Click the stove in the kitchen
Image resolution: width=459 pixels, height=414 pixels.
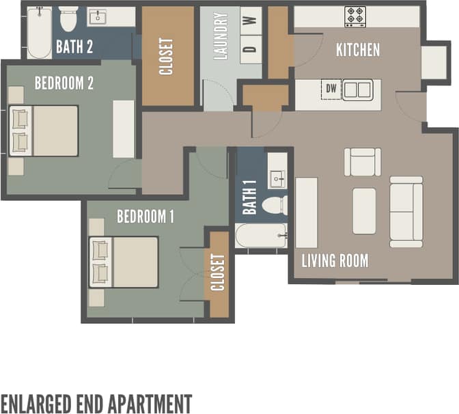pos(355,16)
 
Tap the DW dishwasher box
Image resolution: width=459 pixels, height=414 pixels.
pos(331,89)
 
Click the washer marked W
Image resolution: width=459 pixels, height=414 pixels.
pos(251,20)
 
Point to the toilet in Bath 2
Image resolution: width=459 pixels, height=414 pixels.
pos(68,18)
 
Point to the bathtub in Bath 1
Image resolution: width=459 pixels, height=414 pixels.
pos(262,236)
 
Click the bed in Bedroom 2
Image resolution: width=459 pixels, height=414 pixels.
pos(44,130)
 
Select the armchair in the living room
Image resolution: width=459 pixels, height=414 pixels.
pos(362,162)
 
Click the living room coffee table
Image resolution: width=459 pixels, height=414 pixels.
pos(364,211)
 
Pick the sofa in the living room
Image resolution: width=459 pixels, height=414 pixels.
pos(406,212)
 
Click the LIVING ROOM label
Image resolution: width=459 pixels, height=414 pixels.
pos(335,260)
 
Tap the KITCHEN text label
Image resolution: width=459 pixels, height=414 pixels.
pos(357,50)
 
